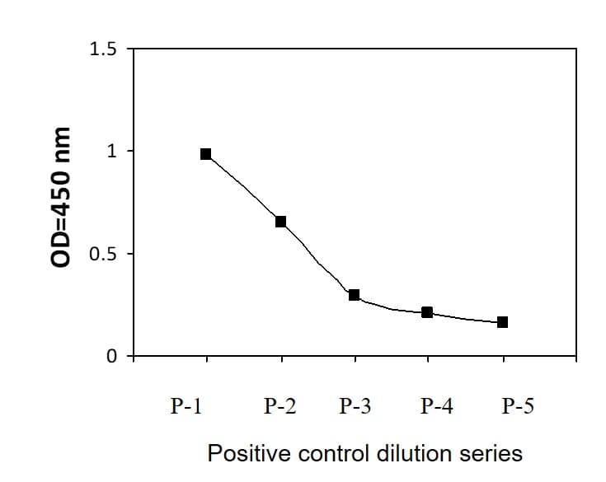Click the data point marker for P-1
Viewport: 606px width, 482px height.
205,154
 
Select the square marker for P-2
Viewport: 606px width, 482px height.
280,222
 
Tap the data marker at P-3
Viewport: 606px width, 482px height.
354,295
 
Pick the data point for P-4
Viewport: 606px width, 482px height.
427,312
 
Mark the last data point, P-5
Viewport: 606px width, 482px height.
502,322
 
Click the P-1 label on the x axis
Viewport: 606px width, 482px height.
186,406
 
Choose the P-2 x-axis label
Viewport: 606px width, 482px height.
280,406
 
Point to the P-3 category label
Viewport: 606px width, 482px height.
356,406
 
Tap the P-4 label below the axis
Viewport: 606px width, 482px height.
436,406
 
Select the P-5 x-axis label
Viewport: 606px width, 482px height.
518,406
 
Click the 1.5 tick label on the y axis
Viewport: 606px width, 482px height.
103,49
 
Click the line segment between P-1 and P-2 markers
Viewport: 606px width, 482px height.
244,189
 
